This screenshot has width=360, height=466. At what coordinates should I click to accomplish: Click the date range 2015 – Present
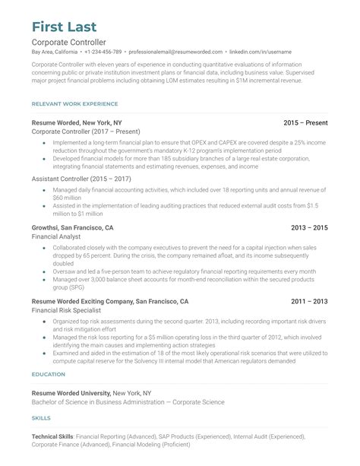pyautogui.click(x=305, y=122)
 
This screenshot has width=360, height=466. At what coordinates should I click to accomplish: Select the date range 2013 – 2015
pyautogui.click(x=309, y=227)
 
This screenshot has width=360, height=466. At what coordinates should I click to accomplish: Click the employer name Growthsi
pyautogui.click(x=49, y=227)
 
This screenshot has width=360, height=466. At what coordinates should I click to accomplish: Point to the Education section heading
pyautogui.click(x=48, y=375)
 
